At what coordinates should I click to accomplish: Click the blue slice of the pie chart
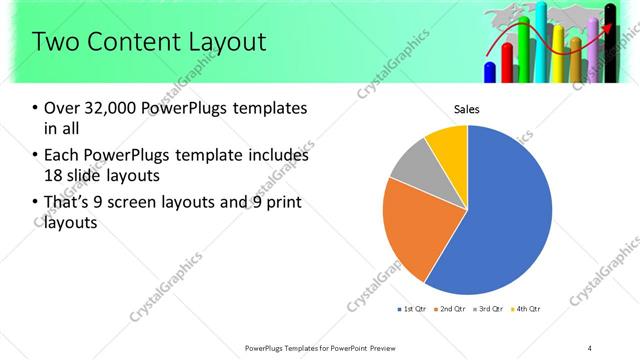pyautogui.click(x=500, y=210)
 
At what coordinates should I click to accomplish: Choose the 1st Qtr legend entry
pyautogui.click(x=411, y=308)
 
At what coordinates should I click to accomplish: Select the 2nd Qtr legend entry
pyautogui.click(x=452, y=308)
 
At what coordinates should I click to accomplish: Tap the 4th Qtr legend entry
pyautogui.click(x=529, y=308)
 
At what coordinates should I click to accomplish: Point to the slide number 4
pyautogui.click(x=590, y=347)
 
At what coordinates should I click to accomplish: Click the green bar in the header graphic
pyautogui.click(x=577, y=60)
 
